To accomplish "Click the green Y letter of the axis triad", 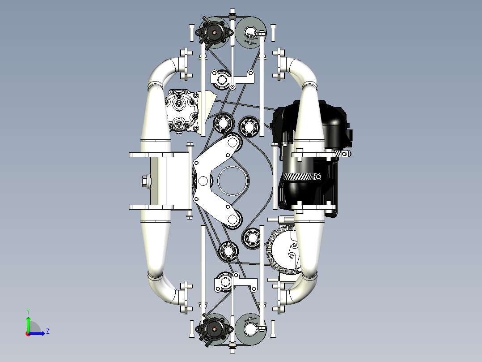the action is [28, 311].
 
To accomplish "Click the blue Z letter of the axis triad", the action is [48, 331].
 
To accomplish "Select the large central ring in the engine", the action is [233, 181].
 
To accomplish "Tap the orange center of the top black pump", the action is [214, 32].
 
